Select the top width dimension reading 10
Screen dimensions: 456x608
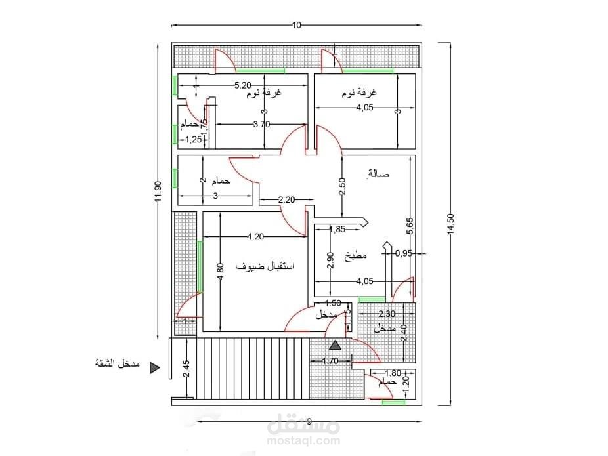(296, 26)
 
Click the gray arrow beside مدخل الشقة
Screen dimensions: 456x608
(154, 368)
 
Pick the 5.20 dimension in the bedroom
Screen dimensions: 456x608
(243, 85)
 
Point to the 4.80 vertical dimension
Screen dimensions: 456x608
(221, 271)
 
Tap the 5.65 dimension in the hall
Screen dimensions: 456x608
(410, 226)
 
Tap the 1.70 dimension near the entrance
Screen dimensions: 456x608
(330, 360)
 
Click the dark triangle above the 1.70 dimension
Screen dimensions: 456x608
(336, 345)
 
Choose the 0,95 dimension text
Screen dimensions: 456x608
(403, 253)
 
